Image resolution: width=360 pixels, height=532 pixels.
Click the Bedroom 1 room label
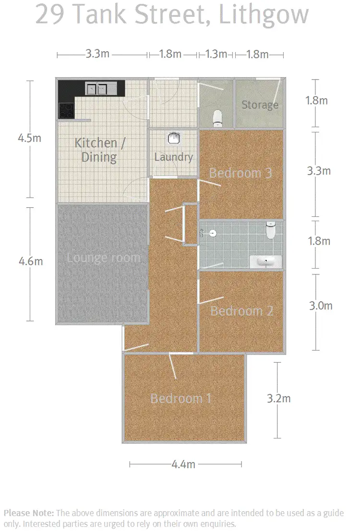pos(181,398)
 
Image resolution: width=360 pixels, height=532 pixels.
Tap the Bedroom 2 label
pos(241,311)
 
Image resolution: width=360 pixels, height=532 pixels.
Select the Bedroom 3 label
pos(240,173)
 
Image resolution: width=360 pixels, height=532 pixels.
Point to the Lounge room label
pos(103,258)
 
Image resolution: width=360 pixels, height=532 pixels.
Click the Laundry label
pos(173,157)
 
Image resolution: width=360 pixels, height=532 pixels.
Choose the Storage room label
pos(260,105)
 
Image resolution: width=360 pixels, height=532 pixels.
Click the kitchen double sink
pos(97,88)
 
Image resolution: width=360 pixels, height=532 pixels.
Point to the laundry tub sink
pos(174,139)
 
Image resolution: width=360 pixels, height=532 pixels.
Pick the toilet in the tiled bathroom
pos(271,231)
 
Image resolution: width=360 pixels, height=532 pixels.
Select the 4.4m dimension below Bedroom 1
pos(184,464)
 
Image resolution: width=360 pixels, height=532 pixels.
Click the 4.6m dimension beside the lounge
pos(30,261)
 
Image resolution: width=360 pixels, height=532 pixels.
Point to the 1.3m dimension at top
pos(216,54)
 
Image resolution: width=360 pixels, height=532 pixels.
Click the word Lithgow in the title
pos(263,15)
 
